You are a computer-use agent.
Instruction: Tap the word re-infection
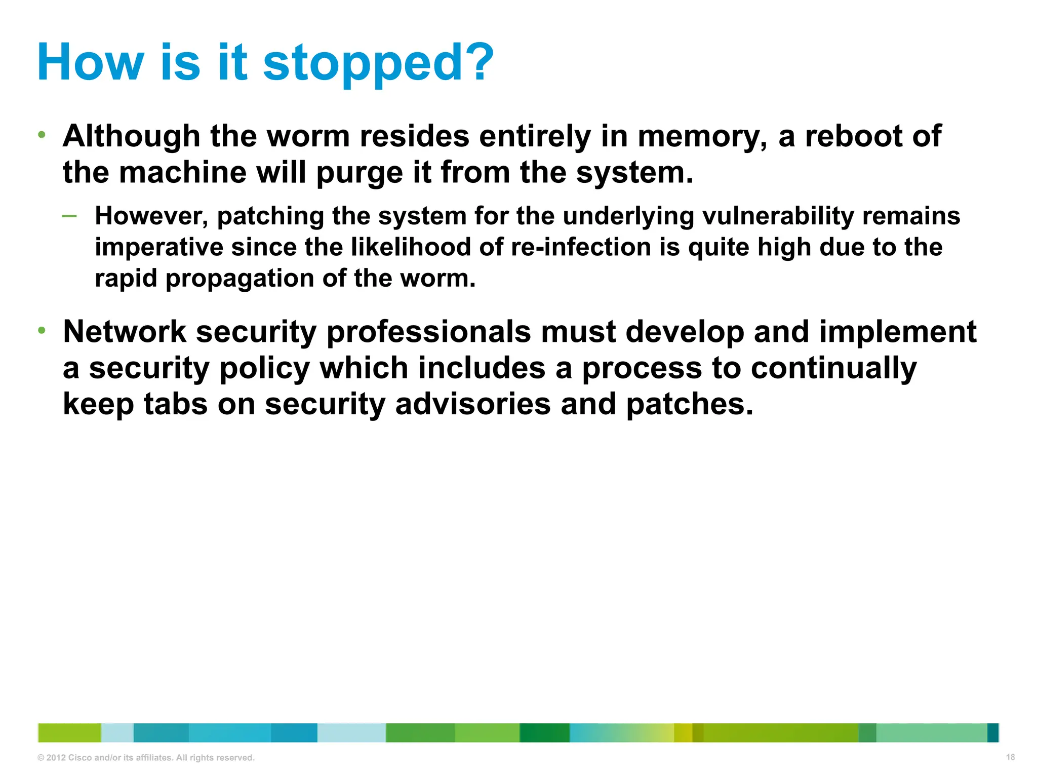point(581,247)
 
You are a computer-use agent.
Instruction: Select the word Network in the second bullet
point(125,332)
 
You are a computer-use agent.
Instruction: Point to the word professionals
point(428,333)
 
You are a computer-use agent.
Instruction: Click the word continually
point(833,368)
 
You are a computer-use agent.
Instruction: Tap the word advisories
point(472,404)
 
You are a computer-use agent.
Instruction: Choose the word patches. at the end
point(690,404)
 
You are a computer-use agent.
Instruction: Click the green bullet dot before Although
point(42,135)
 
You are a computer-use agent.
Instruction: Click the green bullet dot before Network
point(42,331)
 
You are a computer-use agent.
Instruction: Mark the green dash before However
point(69,216)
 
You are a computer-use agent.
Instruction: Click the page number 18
point(1010,757)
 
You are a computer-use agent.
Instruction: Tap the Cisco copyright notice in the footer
point(146,758)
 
